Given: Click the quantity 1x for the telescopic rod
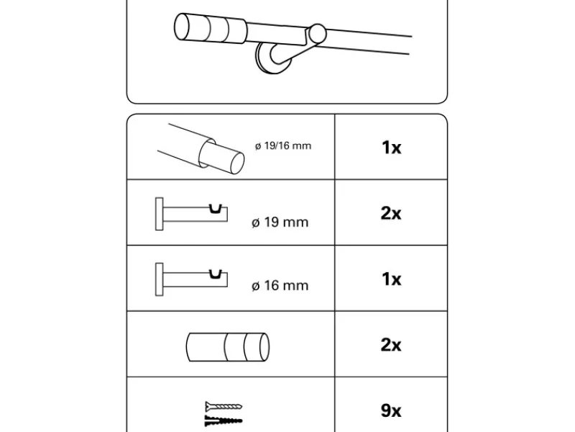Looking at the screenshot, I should click(x=391, y=148).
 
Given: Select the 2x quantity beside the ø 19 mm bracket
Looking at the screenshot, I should click(x=391, y=213).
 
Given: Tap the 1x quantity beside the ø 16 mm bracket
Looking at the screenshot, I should click(x=391, y=279).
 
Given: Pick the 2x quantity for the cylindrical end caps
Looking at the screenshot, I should click(x=391, y=345).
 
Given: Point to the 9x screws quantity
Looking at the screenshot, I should click(x=391, y=410).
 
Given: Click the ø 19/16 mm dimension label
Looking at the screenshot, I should click(x=282, y=146).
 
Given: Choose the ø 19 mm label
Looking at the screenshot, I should click(x=280, y=222).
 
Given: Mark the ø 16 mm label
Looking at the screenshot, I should click(x=280, y=286).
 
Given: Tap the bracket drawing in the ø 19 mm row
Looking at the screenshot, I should click(x=191, y=213).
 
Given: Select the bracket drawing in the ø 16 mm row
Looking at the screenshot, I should click(x=191, y=276).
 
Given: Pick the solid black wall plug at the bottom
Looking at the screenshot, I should click(x=223, y=419).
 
